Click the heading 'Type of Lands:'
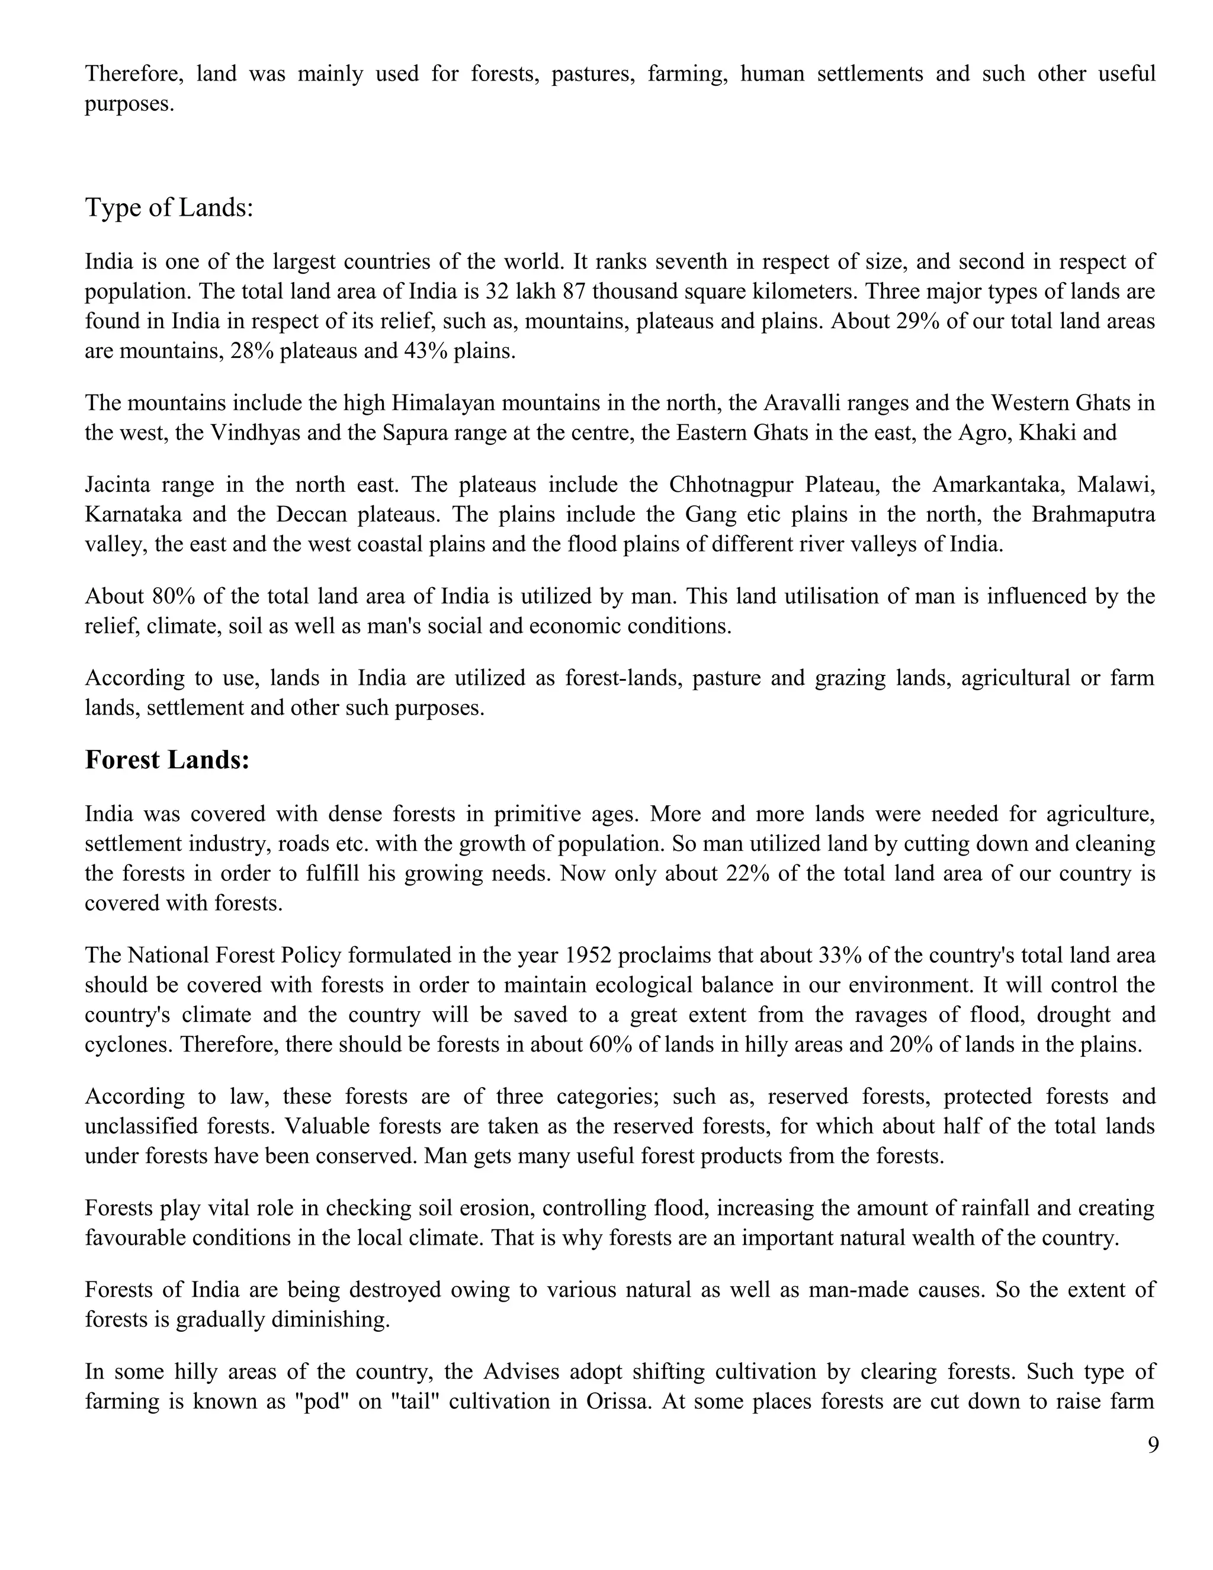click(x=169, y=208)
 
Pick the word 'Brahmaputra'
click(x=1093, y=515)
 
